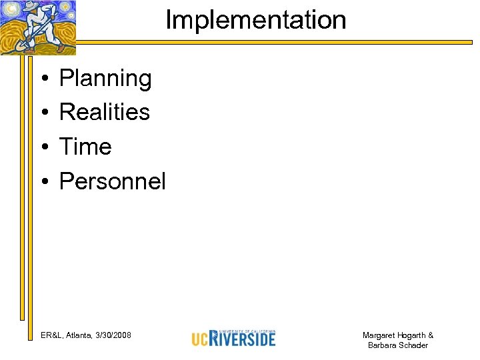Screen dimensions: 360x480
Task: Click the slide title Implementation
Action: [x=255, y=20]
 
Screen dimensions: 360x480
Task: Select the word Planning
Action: [x=105, y=79]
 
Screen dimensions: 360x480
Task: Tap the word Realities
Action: [x=105, y=111]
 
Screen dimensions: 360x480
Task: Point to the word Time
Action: [x=85, y=146]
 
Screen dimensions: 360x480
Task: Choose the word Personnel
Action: [x=112, y=181]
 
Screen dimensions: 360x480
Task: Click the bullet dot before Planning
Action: [x=42, y=80]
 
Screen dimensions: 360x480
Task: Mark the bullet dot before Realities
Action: [x=42, y=113]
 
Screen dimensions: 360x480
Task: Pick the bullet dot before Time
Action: [x=42, y=147]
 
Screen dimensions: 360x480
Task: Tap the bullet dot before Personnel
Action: [x=42, y=182]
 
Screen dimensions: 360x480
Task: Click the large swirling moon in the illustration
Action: [x=64, y=13]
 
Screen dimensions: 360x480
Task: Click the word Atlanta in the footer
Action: [x=79, y=335]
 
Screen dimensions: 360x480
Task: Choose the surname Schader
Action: [x=413, y=345]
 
